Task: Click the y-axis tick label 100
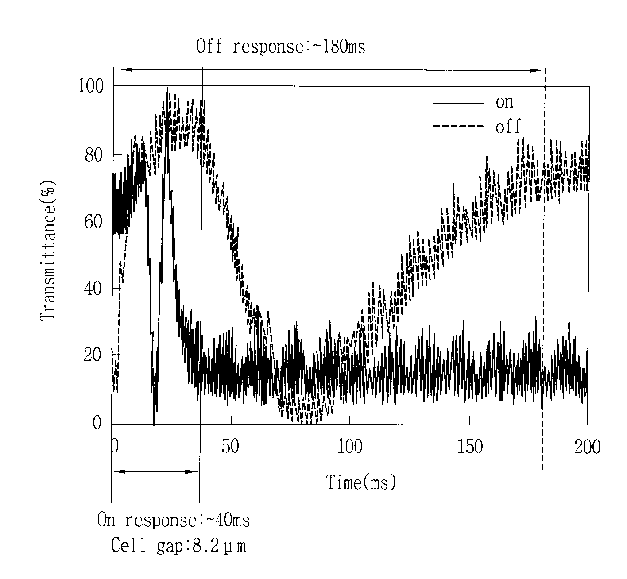click(x=91, y=86)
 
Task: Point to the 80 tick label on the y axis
click(x=94, y=155)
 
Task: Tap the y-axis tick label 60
click(x=93, y=222)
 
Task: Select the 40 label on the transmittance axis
click(x=93, y=289)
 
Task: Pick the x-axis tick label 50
click(x=230, y=446)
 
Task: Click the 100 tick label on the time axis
click(x=349, y=447)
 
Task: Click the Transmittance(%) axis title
click(x=48, y=251)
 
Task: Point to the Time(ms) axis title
click(x=361, y=482)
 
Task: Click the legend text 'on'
click(x=504, y=102)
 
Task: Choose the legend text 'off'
click(x=507, y=126)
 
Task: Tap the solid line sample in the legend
click(x=458, y=104)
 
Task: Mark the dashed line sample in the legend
click(x=458, y=126)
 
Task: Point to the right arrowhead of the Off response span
click(x=536, y=70)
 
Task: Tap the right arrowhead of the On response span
click(x=192, y=472)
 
